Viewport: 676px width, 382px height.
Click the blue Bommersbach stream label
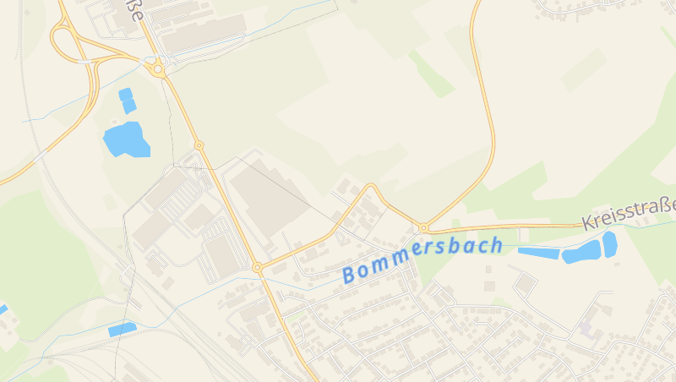coord(422,259)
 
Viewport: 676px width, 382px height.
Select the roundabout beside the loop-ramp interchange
coord(158,69)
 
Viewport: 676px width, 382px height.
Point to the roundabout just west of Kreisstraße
coord(422,227)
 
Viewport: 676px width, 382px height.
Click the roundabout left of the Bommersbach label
coord(257,267)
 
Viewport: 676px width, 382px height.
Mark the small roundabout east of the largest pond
coord(199,145)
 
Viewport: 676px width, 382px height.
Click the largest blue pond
coord(126,139)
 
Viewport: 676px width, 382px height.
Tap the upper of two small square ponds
coord(125,94)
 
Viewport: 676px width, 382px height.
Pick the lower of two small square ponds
coord(129,106)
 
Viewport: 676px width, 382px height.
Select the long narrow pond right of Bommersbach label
coord(538,253)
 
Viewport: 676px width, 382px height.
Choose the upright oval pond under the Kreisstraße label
coord(609,243)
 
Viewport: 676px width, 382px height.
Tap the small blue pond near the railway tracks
coord(122,329)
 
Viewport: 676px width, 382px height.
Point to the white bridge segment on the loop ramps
coord(84,62)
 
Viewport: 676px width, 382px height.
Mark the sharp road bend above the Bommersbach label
coord(371,185)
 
